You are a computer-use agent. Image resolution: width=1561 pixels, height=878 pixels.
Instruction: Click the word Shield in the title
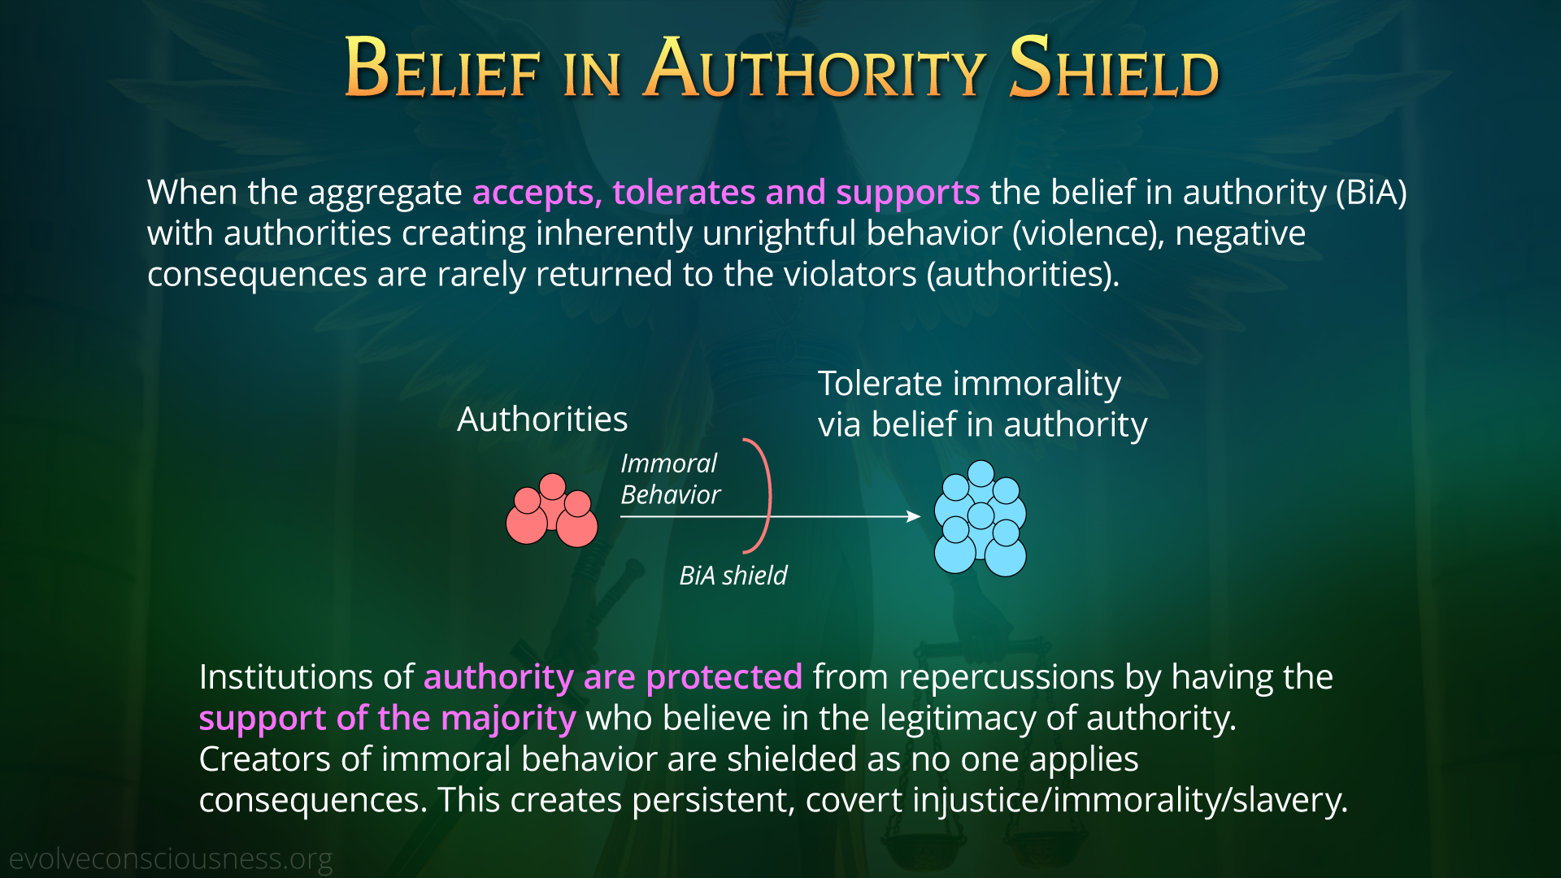click(x=1114, y=68)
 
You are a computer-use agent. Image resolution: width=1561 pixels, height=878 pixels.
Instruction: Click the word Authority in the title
click(x=815, y=68)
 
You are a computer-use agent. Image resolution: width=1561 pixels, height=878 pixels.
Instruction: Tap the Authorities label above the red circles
click(x=542, y=419)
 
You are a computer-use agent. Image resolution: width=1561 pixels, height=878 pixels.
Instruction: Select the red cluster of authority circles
click(x=552, y=511)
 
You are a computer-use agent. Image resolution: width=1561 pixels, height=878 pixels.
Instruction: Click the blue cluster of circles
click(x=981, y=519)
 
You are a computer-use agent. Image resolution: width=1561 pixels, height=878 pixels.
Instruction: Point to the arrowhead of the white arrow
click(x=915, y=516)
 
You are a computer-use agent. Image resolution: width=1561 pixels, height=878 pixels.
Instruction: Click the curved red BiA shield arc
click(x=769, y=496)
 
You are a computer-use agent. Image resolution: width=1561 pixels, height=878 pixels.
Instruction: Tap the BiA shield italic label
click(x=733, y=576)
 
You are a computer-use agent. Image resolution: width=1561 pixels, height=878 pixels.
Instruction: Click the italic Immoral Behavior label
click(x=670, y=479)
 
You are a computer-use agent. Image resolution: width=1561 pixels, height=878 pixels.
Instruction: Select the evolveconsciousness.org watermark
click(x=171, y=859)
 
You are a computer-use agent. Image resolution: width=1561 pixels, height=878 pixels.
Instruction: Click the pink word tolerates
click(x=684, y=193)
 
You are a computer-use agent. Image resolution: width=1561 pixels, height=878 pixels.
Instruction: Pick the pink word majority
click(x=508, y=719)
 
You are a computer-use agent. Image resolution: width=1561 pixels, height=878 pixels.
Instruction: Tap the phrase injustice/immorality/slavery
click(x=1130, y=801)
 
